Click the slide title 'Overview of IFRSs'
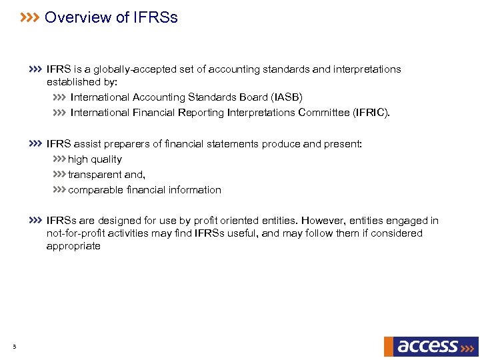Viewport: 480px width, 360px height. click(111, 18)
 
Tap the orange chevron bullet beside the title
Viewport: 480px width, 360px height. click(30, 17)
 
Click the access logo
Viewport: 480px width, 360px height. click(431, 346)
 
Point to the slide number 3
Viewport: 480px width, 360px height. click(14, 346)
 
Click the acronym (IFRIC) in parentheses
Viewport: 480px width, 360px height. click(370, 113)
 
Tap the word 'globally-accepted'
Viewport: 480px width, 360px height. click(125, 69)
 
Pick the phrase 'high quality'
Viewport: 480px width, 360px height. click(95, 159)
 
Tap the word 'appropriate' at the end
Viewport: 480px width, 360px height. click(73, 246)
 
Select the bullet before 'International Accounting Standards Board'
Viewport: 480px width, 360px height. click(59, 97)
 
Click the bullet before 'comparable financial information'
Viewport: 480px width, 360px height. click(59, 190)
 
